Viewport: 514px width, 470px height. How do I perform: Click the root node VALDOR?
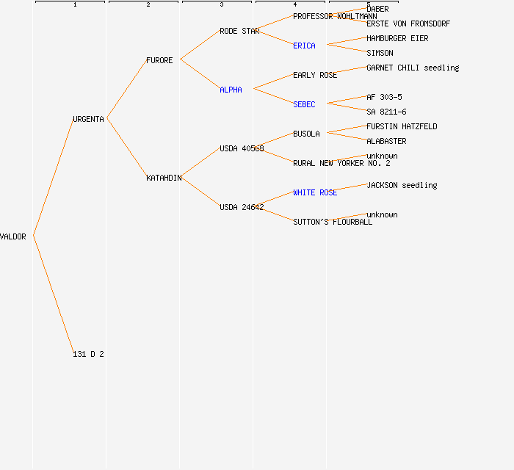[x=13, y=236]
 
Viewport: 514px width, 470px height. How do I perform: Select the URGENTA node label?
[x=88, y=119]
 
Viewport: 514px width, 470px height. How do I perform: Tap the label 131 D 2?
[x=88, y=354]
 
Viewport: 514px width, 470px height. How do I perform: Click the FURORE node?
[x=159, y=60]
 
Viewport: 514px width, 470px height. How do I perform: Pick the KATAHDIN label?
[x=164, y=178]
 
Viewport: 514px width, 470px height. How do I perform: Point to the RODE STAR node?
[x=239, y=31]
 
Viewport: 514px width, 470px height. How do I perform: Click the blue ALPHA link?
[x=231, y=90]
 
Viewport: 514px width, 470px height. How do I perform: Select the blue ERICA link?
[x=304, y=46]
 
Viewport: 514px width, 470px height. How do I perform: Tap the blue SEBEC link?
[x=304, y=104]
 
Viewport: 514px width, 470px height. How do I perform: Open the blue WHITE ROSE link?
[x=315, y=192]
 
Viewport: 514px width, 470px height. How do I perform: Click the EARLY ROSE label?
[x=315, y=75]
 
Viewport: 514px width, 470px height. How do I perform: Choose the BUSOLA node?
[x=306, y=134]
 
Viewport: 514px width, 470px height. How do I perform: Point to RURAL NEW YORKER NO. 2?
[x=341, y=163]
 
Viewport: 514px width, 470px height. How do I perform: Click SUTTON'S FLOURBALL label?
[x=333, y=222]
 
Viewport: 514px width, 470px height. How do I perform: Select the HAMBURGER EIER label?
[x=397, y=38]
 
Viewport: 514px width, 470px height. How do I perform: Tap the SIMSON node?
[x=380, y=53]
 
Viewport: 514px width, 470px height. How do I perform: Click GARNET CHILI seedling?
[x=413, y=68]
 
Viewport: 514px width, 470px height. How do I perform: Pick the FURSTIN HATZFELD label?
[x=402, y=126]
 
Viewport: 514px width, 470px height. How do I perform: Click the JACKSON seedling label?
[x=402, y=185]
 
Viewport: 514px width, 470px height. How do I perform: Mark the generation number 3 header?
[x=221, y=5]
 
